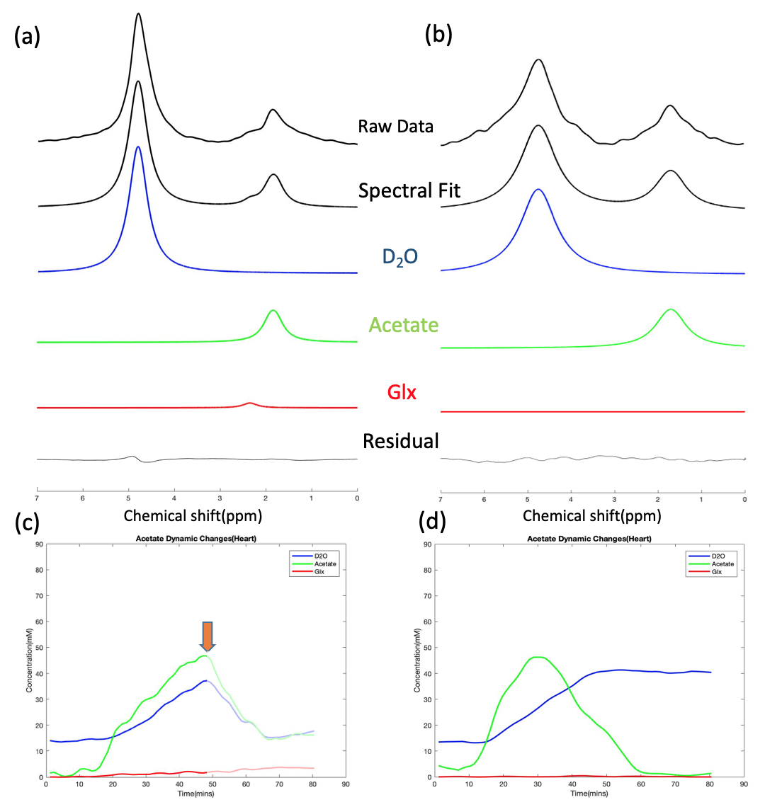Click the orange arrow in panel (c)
tap(207, 635)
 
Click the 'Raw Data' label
tap(396, 127)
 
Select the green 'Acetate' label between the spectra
tap(403, 325)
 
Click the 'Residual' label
tap(400, 442)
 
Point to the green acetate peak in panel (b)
tap(670, 309)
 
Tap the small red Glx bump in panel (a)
tap(249, 403)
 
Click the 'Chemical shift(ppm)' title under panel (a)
tap(193, 515)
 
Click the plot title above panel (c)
tap(192, 539)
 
